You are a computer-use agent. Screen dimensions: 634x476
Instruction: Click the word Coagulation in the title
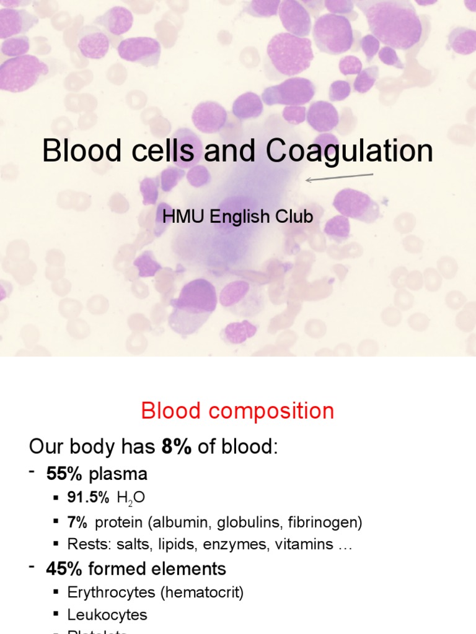350,152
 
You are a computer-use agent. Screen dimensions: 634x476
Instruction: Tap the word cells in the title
161,152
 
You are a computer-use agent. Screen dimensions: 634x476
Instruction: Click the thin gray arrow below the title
340,178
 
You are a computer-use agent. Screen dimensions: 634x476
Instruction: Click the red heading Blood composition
237,411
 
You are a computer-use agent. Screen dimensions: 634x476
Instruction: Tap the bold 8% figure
177,447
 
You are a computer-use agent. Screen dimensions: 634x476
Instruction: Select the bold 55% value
64,475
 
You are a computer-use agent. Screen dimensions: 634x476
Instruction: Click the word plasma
118,475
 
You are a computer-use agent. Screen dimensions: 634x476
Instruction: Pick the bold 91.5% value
89,498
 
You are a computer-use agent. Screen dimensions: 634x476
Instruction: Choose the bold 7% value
77,522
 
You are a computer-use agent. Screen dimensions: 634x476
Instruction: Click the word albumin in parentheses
185,523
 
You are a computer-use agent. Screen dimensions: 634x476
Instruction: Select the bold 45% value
64,568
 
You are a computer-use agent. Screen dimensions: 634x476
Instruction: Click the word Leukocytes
107,615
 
